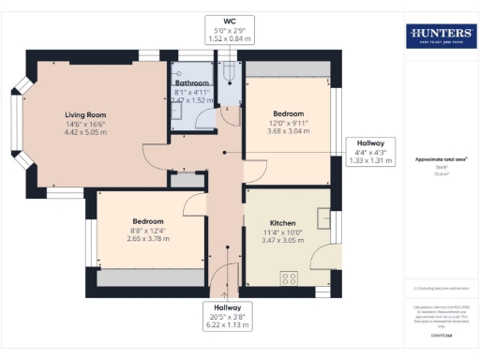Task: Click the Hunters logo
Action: [x=440, y=37]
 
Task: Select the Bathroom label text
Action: [x=192, y=82]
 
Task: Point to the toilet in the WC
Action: [x=229, y=72]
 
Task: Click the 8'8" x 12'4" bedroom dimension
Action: [x=147, y=230]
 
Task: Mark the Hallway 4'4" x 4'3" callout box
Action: [x=369, y=151]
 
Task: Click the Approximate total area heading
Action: [x=440, y=159]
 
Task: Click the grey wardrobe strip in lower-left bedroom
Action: [x=149, y=277]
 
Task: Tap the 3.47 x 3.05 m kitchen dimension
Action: [x=270, y=241]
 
